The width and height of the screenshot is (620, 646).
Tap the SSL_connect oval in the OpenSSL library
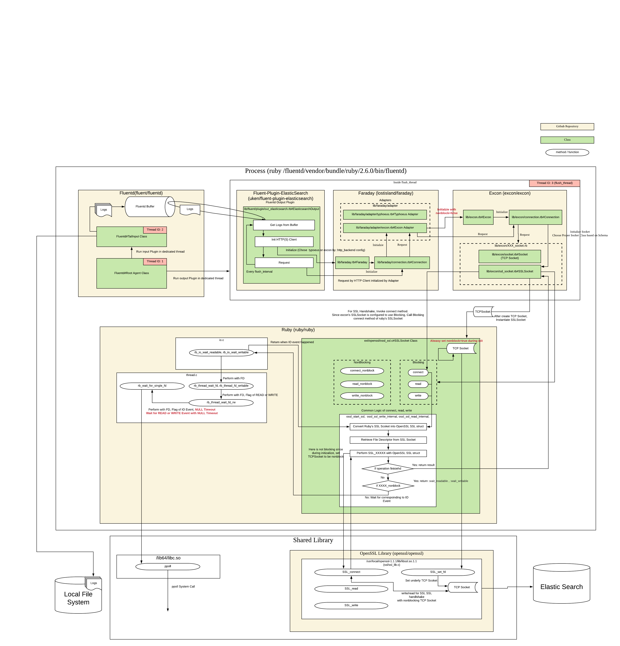(351, 572)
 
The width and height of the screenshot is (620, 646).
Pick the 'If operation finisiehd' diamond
(387, 468)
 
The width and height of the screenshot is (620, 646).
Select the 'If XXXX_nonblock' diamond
(388, 485)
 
